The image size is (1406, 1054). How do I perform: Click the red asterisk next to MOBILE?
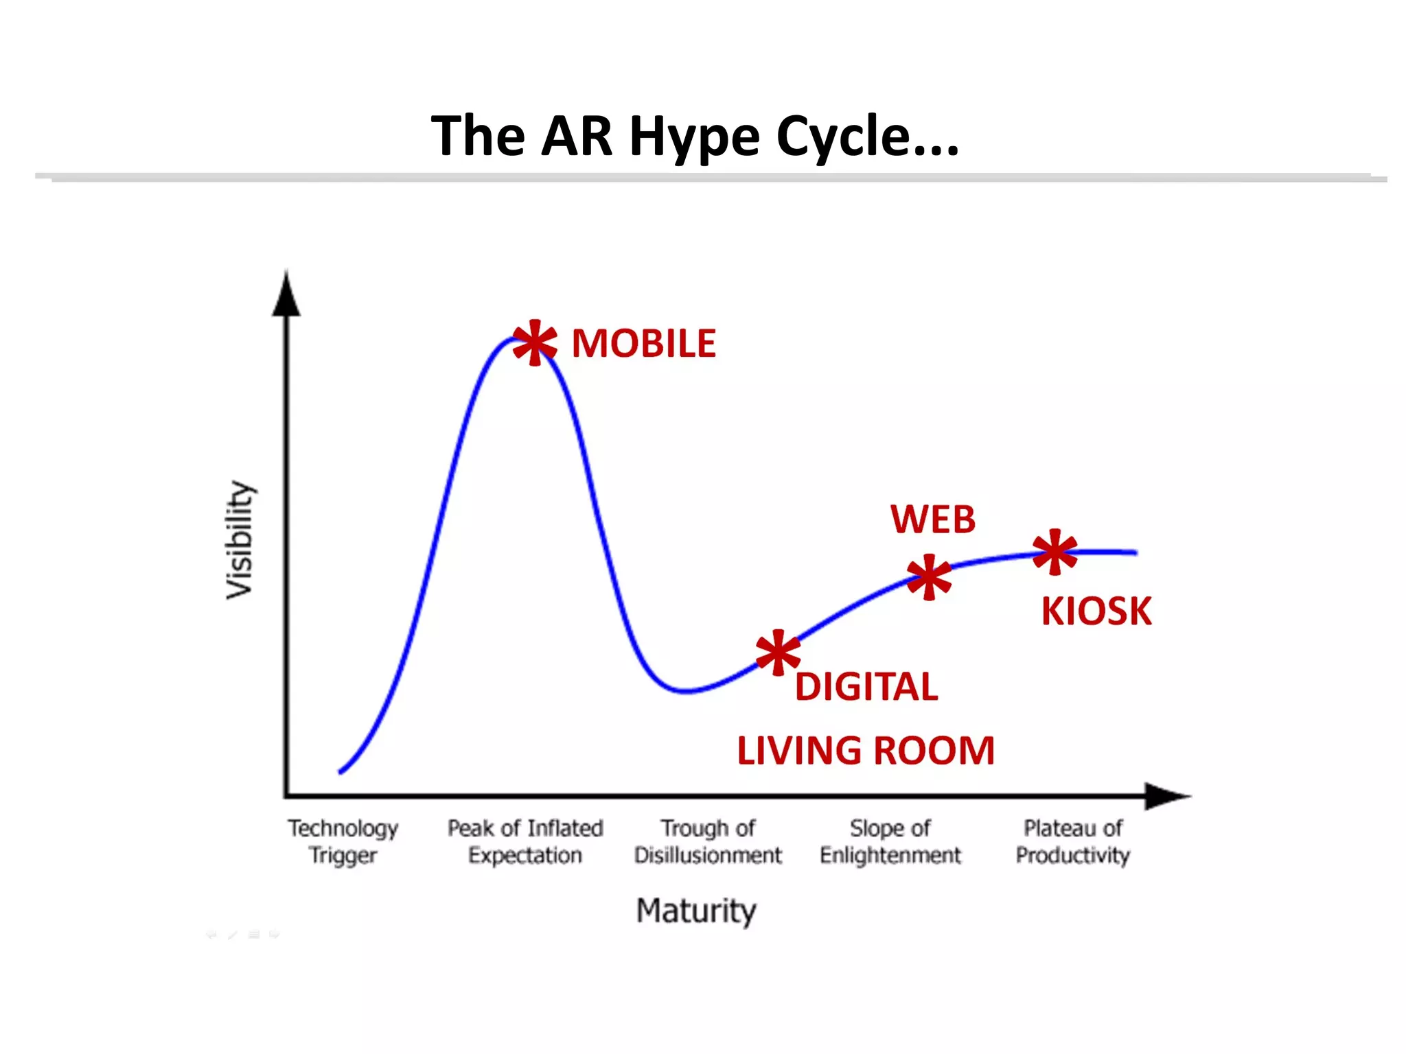[535, 342]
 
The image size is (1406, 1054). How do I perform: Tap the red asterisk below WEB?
[929, 577]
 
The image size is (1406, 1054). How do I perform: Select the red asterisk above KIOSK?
[1055, 552]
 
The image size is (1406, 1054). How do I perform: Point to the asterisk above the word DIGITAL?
[778, 653]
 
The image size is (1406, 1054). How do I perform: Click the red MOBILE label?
[643, 343]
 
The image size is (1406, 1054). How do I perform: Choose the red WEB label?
[933, 519]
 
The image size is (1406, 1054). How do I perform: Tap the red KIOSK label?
[1096, 611]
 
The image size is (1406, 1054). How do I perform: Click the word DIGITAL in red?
[866, 687]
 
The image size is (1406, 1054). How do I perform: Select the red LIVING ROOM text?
[866, 750]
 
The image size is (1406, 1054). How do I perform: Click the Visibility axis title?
[240, 539]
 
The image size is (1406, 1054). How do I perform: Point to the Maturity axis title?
[696, 911]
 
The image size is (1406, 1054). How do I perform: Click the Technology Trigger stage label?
[343, 842]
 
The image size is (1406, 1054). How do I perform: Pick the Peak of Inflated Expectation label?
[525, 842]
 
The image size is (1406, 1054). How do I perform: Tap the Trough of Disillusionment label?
[708, 842]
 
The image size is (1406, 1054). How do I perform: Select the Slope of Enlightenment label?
[890, 842]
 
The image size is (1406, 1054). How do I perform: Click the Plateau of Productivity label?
[1073, 842]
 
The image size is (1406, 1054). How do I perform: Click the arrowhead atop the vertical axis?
[286, 295]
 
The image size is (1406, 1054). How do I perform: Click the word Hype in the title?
[695, 137]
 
